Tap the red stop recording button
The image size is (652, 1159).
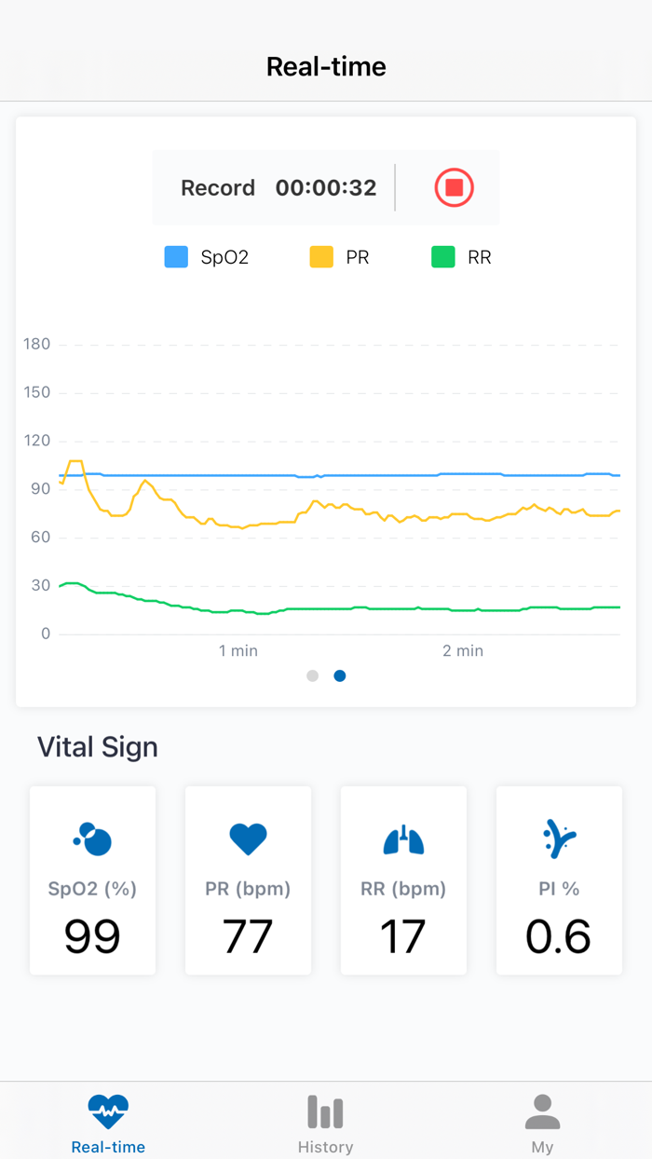(x=455, y=187)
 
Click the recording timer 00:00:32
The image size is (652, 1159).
(x=325, y=187)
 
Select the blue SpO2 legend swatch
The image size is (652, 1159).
(x=176, y=257)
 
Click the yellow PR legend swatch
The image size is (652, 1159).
(x=321, y=257)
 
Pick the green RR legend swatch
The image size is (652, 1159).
(x=443, y=257)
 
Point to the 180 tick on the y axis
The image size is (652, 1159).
(x=37, y=345)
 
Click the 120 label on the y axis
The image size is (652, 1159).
(x=37, y=441)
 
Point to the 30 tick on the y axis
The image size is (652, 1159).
(x=40, y=586)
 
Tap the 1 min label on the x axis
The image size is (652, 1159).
(x=238, y=650)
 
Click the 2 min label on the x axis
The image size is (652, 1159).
(x=463, y=650)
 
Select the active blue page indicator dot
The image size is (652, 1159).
(x=340, y=675)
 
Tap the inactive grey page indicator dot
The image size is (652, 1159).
(x=313, y=675)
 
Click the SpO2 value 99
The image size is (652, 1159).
(x=92, y=936)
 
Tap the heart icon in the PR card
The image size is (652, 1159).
(x=248, y=839)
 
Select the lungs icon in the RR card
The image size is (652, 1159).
(x=403, y=839)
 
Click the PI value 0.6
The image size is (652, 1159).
(x=558, y=936)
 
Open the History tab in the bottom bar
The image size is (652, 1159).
(x=325, y=1123)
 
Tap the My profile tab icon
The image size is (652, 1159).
(x=542, y=1112)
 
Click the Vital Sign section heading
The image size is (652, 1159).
(x=98, y=747)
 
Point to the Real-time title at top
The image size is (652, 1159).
(x=326, y=66)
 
